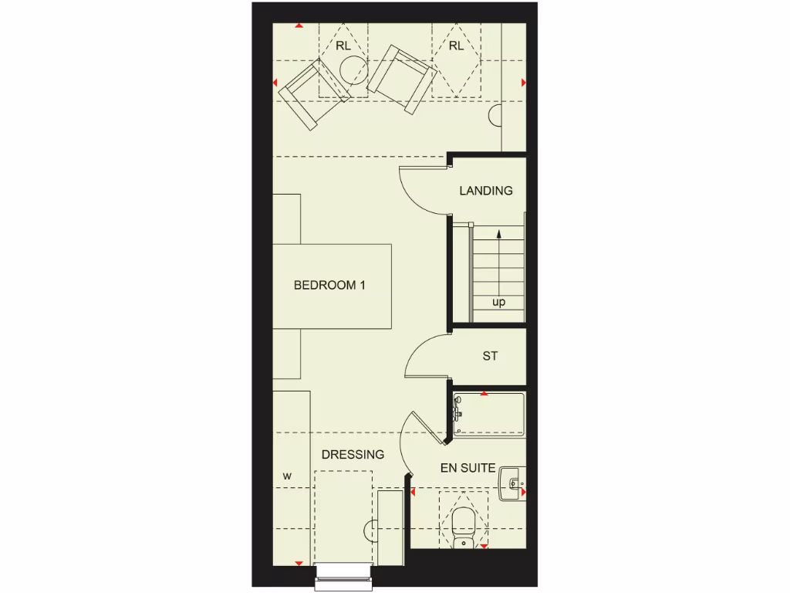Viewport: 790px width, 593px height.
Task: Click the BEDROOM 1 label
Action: tap(329, 285)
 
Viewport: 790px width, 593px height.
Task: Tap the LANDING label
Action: tap(486, 191)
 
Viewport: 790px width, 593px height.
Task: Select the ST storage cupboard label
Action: tap(490, 356)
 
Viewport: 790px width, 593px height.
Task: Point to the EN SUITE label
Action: tap(468, 468)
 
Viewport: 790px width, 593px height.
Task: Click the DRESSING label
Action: tap(353, 455)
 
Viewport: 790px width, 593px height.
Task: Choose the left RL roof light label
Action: tap(343, 46)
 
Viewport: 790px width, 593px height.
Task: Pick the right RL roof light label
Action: tap(456, 46)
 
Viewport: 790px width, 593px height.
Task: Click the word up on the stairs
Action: tap(498, 302)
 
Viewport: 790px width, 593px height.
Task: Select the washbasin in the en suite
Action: tap(511, 481)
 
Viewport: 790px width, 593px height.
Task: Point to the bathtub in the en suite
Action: tap(489, 415)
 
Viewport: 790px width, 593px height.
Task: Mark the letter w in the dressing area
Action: tap(287, 476)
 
